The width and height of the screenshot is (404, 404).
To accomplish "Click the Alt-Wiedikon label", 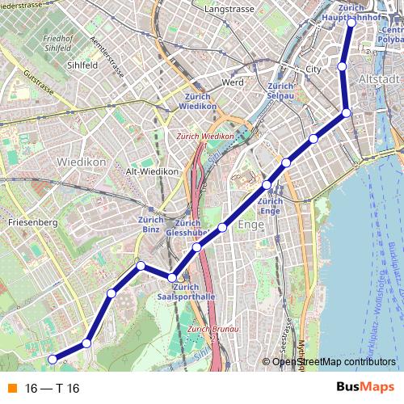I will click(152, 171).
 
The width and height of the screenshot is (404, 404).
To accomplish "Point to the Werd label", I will click(232, 82).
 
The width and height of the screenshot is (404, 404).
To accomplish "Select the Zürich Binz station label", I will click(151, 224).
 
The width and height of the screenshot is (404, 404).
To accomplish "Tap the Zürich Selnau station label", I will click(280, 91).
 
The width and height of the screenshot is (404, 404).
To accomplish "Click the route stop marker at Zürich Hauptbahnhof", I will click(351, 23).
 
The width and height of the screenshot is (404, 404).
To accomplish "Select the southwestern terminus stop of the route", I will click(53, 359).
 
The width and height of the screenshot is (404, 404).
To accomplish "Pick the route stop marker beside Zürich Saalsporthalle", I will click(171, 278).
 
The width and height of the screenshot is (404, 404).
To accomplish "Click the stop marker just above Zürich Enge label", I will click(267, 187).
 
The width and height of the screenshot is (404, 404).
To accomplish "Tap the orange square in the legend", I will click(12, 388).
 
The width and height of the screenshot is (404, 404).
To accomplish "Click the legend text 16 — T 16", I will click(53, 388).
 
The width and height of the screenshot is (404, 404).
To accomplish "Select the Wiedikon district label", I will click(81, 162).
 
